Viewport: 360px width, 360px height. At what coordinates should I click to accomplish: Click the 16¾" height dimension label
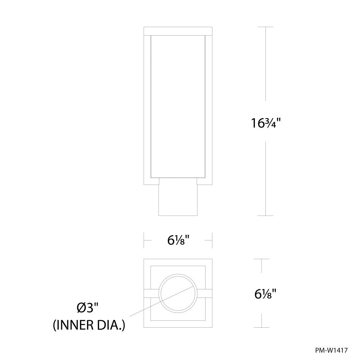(266, 123)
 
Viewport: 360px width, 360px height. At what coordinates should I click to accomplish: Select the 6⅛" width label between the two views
(178, 240)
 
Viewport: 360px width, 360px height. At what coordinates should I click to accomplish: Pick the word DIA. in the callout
(112, 326)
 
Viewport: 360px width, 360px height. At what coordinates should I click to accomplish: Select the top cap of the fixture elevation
(178, 31)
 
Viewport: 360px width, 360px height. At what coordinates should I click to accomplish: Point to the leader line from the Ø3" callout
(144, 309)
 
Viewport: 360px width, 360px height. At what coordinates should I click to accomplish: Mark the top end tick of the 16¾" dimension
(266, 27)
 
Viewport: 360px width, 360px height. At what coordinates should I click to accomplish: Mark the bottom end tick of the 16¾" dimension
(266, 216)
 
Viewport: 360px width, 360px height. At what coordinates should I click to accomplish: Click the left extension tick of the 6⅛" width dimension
(144, 240)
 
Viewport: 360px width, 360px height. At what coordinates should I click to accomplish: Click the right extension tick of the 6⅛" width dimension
(212, 240)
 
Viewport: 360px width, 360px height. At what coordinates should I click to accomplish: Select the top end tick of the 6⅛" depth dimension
(261, 259)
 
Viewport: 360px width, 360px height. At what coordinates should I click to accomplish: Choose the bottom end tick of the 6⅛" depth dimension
(261, 328)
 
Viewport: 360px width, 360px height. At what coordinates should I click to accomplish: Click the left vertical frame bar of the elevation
(147, 108)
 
